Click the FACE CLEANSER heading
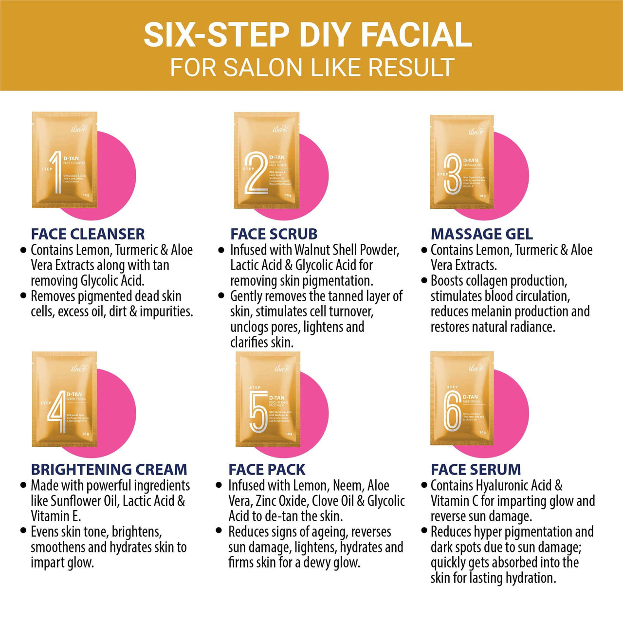tap(88, 234)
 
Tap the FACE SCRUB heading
tap(274, 234)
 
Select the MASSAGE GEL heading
tap(481, 234)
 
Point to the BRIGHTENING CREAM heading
tap(109, 470)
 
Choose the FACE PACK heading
tap(267, 470)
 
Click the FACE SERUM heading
tap(476, 470)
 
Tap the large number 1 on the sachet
tap(57, 172)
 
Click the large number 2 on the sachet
tap(256, 173)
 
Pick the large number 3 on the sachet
tap(452, 174)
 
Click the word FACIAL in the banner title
tap(416, 35)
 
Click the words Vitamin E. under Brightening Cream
tap(56, 516)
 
